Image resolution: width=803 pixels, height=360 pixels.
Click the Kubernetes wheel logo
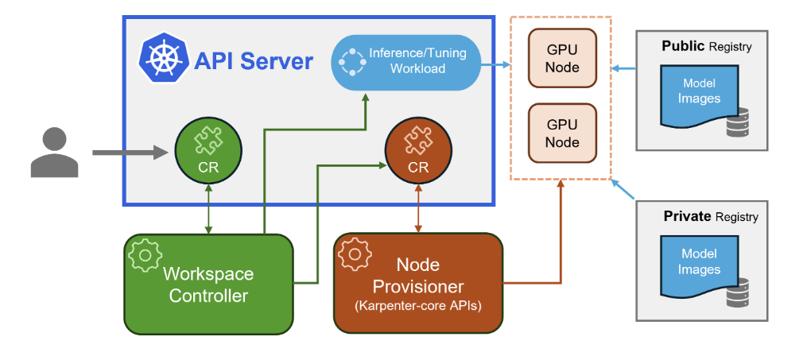163,59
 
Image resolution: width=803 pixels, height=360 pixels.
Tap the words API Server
253,60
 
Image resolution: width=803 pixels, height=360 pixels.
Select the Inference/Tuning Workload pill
406,61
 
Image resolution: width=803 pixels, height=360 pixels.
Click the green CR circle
208,151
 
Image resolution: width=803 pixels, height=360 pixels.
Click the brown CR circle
418,151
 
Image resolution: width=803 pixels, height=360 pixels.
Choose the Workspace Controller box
208,283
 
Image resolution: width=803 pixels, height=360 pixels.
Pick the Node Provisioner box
418,283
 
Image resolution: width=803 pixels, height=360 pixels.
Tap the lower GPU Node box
562,134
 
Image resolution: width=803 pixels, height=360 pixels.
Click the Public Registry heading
706,47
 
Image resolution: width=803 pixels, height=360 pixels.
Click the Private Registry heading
711,216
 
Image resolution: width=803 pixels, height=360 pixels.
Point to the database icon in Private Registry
737,293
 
